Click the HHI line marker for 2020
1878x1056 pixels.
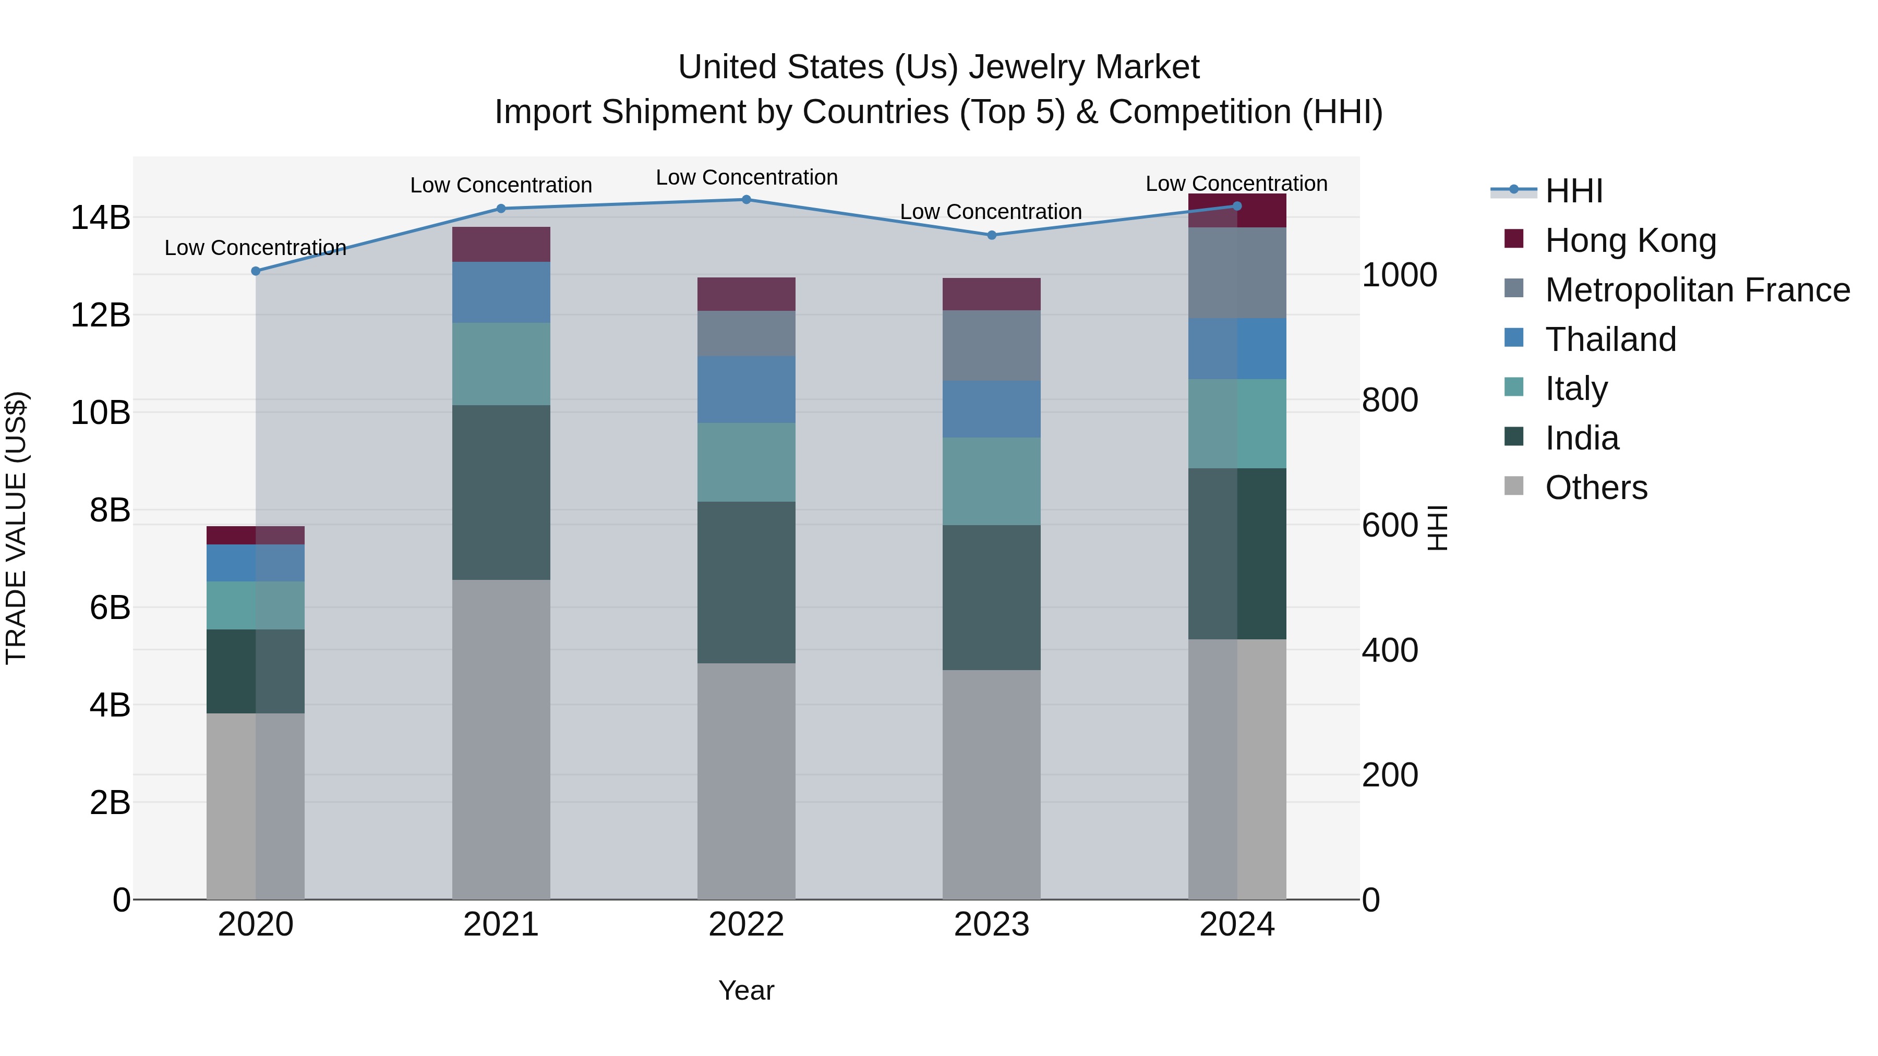pyautogui.click(x=255, y=271)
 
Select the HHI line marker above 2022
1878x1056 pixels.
pyautogui.click(x=746, y=200)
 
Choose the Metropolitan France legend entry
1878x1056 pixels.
pyautogui.click(x=1697, y=290)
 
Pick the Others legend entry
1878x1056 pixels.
pyautogui.click(x=1596, y=488)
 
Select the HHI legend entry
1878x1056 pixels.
pyautogui.click(x=1573, y=191)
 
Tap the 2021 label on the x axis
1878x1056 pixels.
pyautogui.click(x=501, y=925)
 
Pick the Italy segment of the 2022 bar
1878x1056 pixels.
pyautogui.click(x=746, y=462)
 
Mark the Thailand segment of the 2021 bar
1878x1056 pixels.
pyautogui.click(x=501, y=292)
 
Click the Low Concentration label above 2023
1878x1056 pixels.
pyautogui.click(x=991, y=212)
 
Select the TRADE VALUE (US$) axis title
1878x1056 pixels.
pyautogui.click(x=16, y=528)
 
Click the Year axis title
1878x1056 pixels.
pyautogui.click(x=746, y=990)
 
